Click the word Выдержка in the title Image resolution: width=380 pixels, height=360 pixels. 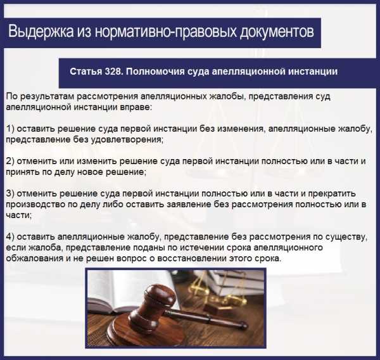(41, 32)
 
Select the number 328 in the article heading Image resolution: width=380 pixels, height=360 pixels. (113, 72)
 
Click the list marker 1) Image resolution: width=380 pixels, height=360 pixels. (10, 129)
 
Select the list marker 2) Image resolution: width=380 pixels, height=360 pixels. (10, 161)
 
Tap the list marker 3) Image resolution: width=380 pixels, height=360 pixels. (10, 193)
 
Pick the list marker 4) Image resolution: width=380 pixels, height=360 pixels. (10, 237)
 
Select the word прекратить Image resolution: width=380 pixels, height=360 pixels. (332, 194)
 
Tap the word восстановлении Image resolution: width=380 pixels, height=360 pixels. (192, 259)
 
